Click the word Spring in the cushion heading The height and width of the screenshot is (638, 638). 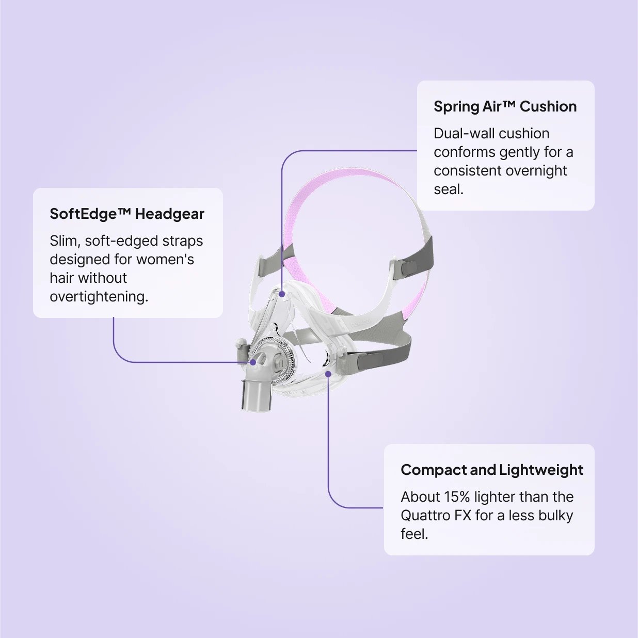click(x=456, y=107)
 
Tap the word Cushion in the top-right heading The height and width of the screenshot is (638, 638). click(x=548, y=106)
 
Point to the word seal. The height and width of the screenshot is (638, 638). click(x=448, y=189)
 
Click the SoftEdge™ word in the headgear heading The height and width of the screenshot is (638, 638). click(x=90, y=214)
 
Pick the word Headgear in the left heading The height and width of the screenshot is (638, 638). click(x=169, y=214)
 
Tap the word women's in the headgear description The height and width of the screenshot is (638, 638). click(x=165, y=259)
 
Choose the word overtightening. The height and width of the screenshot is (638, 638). click(x=99, y=297)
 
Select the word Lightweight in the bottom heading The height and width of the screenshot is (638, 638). click(x=541, y=470)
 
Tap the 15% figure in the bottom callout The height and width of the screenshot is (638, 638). click(x=457, y=497)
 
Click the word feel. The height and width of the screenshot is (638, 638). click(x=414, y=534)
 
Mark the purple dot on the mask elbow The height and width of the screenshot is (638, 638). click(x=253, y=362)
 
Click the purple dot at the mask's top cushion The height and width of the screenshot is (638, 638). click(x=282, y=293)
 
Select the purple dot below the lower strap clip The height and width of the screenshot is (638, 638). click(x=328, y=374)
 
